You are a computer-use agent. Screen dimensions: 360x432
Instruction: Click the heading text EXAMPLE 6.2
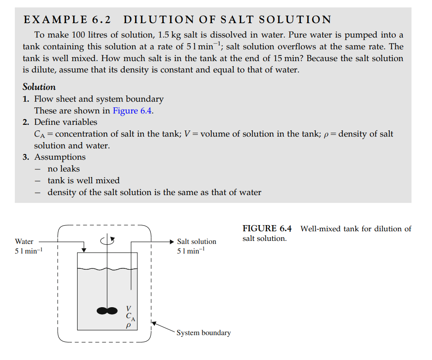point(67,20)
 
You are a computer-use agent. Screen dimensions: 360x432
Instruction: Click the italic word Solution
point(39,87)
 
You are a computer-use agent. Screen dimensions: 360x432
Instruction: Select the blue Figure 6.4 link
point(133,110)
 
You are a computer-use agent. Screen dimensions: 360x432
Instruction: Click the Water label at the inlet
point(24,241)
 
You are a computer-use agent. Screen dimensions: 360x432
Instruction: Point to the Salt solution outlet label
point(196,241)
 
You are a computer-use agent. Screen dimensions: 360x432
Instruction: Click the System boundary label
point(203,333)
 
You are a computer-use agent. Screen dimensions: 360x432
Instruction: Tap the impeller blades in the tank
point(107,310)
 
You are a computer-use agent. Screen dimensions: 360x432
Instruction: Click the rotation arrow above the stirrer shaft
point(107,240)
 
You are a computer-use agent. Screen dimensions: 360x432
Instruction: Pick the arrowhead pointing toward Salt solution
point(171,241)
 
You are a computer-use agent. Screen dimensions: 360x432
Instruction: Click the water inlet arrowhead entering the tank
point(84,250)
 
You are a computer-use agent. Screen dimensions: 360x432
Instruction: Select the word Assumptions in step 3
point(60,157)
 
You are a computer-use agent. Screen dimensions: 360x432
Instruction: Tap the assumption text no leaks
point(64,169)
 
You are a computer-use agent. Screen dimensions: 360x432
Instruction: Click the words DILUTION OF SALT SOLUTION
point(227,20)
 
